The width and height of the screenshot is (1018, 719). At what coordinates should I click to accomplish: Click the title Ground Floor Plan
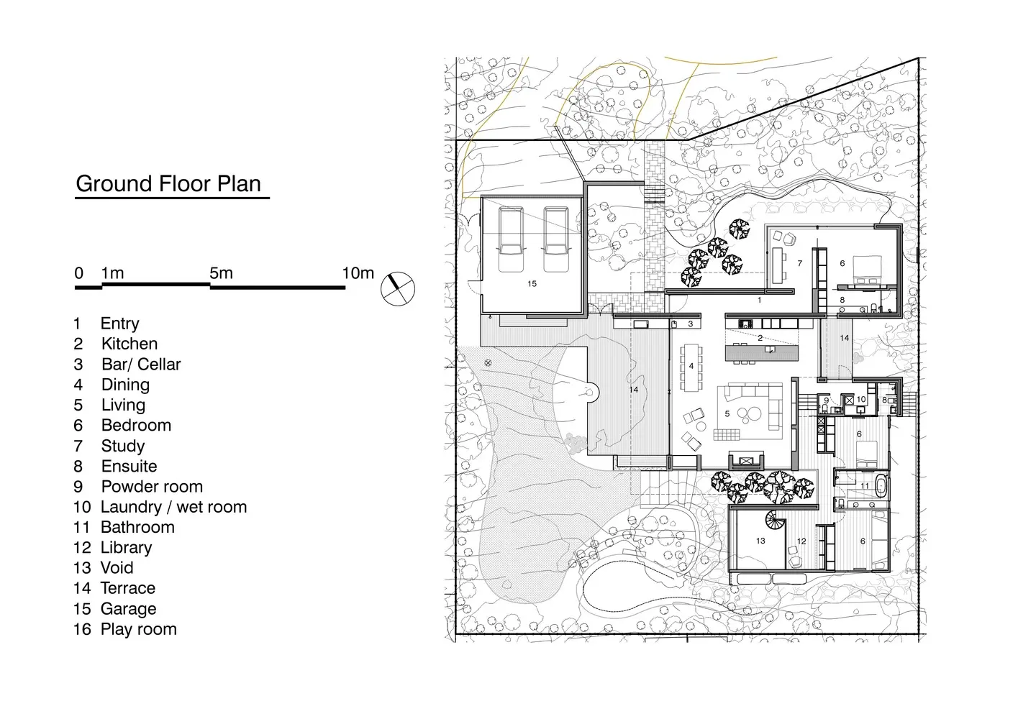tap(168, 183)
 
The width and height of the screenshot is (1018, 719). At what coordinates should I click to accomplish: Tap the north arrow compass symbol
tap(398, 289)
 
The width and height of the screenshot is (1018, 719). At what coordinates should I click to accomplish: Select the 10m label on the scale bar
tap(358, 273)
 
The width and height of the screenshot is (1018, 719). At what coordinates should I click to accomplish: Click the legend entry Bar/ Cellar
tap(141, 365)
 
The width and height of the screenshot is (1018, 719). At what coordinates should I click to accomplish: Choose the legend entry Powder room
tap(152, 487)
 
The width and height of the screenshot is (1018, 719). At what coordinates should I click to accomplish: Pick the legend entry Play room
tap(139, 629)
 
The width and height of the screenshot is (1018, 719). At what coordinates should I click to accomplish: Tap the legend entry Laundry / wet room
tap(173, 507)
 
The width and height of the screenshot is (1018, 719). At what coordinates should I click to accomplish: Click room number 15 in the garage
tap(532, 284)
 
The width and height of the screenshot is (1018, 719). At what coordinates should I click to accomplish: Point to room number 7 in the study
tap(800, 263)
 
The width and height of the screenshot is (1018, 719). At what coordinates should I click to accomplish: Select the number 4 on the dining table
tap(691, 366)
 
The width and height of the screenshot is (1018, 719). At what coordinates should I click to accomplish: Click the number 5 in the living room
tap(727, 413)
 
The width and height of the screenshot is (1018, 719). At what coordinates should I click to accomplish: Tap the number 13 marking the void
tap(760, 541)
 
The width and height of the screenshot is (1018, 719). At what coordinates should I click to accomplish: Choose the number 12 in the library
tap(801, 541)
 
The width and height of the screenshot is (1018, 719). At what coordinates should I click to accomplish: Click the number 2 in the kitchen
tap(760, 338)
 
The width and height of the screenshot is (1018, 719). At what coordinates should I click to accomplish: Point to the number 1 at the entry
tap(760, 301)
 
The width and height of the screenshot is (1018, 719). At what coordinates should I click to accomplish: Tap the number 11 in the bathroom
tap(864, 486)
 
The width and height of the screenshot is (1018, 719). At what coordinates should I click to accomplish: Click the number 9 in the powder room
tap(826, 400)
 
